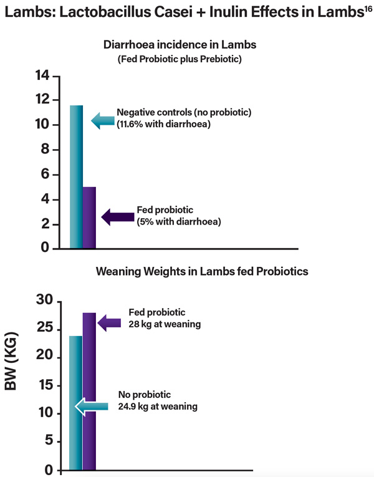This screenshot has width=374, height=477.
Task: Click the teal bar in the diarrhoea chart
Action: click(76, 178)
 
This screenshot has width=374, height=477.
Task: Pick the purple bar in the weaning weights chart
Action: click(89, 393)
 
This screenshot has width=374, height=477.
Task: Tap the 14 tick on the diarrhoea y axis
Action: click(42, 75)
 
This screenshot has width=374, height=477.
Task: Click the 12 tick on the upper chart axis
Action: click(42, 100)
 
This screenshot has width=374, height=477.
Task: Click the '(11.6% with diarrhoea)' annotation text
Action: click(165, 124)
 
